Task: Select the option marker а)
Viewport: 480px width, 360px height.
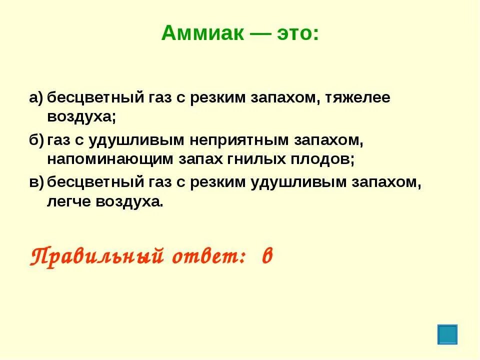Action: click(x=36, y=98)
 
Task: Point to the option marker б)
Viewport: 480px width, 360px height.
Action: click(x=36, y=141)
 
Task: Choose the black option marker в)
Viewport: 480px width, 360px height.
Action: click(x=36, y=183)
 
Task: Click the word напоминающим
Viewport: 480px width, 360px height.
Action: click(x=108, y=159)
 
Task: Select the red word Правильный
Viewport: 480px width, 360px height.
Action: click(x=97, y=256)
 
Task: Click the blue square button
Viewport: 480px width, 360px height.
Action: click(x=447, y=334)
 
